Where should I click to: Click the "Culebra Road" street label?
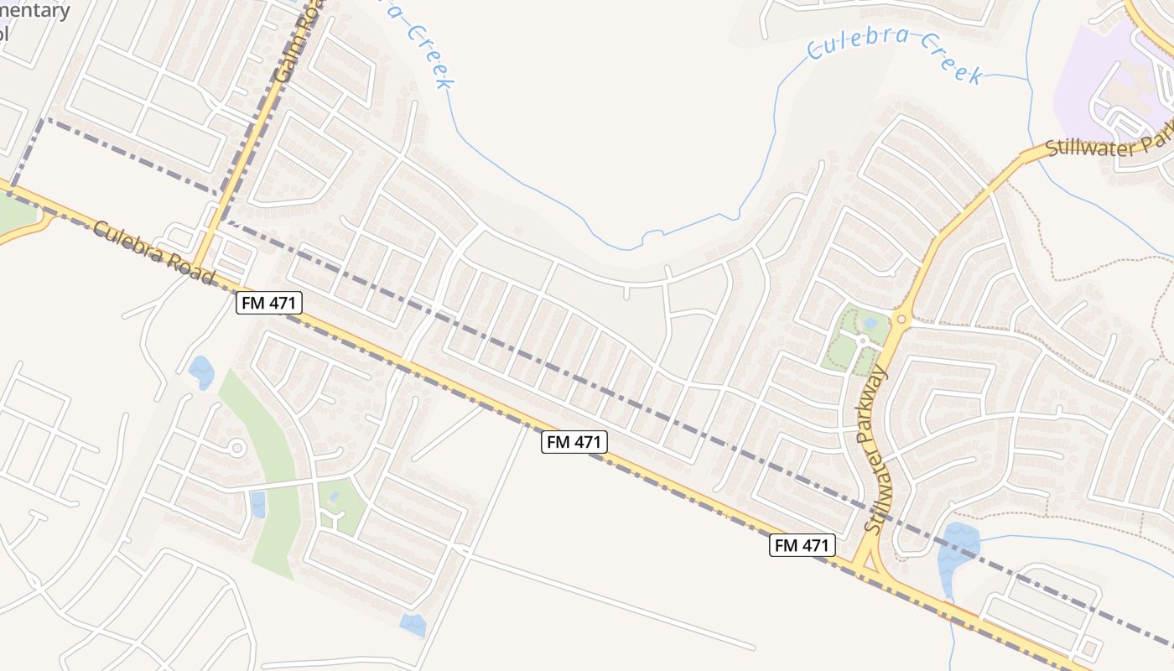point(153,252)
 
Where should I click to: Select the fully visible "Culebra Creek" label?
point(896,56)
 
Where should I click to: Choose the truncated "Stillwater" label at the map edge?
point(1107,148)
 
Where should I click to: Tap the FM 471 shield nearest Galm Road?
point(268,303)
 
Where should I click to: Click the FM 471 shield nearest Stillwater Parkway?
point(803,545)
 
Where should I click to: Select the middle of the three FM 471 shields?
point(574,442)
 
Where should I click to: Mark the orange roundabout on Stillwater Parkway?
point(902,319)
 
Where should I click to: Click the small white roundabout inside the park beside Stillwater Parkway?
point(862,341)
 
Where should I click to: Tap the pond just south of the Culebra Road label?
point(201,372)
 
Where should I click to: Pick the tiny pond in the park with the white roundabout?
point(870,322)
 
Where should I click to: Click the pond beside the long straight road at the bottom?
point(413,625)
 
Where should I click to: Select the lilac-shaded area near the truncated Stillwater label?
point(1090,84)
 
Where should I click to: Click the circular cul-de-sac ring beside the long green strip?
point(237,449)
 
